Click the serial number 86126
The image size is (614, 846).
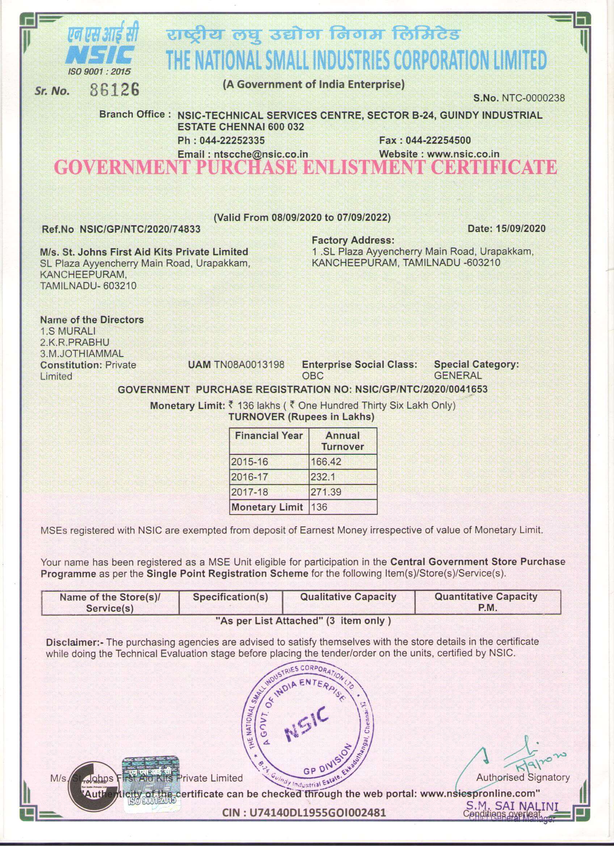[115, 89]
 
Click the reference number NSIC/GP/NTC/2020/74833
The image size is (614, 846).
[140, 229]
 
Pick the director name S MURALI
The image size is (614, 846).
[71, 331]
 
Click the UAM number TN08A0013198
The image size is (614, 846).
[249, 364]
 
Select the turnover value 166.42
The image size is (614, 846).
[326, 462]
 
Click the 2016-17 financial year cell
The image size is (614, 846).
[249, 477]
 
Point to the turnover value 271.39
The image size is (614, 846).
[326, 492]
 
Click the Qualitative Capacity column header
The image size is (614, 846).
[348, 597]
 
